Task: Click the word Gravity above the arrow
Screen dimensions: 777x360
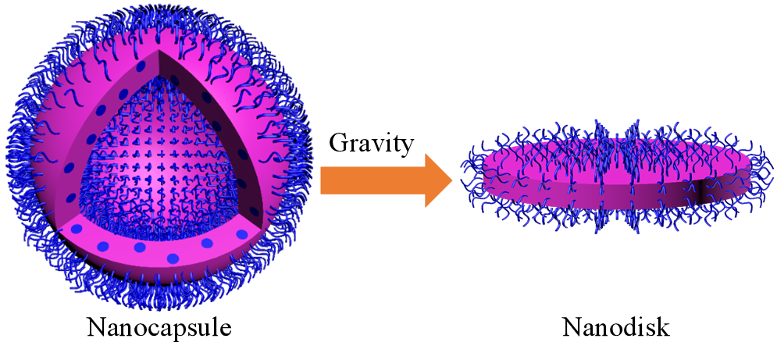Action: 371,144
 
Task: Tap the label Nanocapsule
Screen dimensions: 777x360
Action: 159,327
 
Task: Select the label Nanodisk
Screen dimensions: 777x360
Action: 616,327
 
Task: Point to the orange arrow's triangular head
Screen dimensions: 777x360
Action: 439,180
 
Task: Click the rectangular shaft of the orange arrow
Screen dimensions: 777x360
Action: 372,180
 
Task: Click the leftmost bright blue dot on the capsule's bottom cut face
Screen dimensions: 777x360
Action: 77,229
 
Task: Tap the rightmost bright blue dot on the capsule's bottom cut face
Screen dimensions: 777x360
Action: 242,234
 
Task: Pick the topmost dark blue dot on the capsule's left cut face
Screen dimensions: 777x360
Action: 141,66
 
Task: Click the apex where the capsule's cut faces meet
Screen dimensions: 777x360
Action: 159,49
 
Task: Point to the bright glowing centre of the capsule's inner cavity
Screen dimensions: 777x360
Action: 159,166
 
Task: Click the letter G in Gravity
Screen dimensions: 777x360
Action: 338,143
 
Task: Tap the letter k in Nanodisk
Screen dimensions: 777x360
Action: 663,327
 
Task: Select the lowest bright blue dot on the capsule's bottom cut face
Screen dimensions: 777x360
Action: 173,258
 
